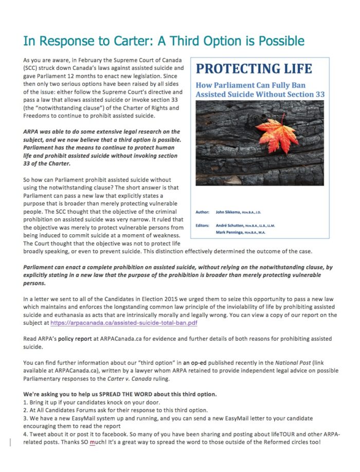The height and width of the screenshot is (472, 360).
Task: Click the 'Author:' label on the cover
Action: [x=203, y=212]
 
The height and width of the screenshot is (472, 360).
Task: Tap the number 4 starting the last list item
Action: [x=25, y=434]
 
